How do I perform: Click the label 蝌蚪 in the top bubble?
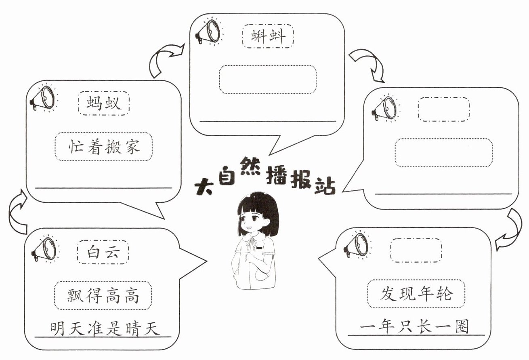pyautogui.click(x=268, y=37)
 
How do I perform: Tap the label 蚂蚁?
pyautogui.click(x=103, y=103)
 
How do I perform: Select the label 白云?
pyautogui.click(x=103, y=253)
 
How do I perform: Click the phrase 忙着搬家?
pyautogui.click(x=104, y=146)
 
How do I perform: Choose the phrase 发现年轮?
pyautogui.click(x=416, y=293)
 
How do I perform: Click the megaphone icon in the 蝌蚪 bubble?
pyautogui.click(x=208, y=32)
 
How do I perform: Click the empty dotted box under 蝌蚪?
pyautogui.click(x=268, y=79)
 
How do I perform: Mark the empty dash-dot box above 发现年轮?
pyautogui.click(x=416, y=251)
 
